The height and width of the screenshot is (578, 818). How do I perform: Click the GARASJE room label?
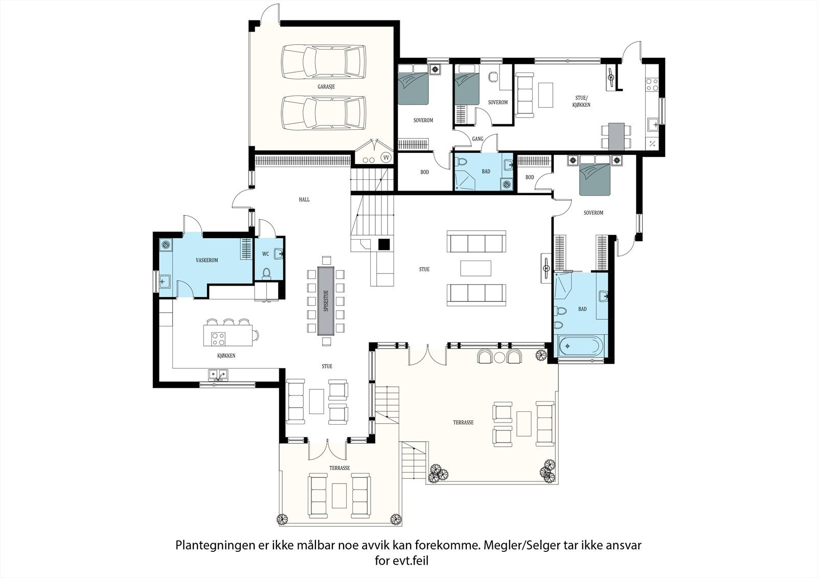326,87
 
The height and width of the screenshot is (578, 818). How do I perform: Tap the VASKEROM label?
207,260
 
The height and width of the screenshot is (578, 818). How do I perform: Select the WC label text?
265,254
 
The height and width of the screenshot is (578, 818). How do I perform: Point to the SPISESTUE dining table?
326,301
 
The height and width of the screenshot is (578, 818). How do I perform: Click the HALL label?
304,199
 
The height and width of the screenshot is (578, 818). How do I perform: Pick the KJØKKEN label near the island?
226,356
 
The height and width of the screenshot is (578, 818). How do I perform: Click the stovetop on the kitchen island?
218,338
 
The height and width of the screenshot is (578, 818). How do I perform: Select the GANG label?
478,138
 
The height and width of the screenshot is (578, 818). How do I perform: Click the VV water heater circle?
386,157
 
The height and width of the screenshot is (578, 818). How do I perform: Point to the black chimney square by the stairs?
384,244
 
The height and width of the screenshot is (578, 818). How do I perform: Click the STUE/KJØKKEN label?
581,101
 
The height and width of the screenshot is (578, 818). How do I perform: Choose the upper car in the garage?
324,61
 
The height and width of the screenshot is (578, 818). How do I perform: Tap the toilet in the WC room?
266,273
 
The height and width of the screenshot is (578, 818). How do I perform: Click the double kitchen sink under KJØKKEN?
218,374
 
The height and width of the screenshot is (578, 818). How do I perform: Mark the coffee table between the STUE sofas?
475,268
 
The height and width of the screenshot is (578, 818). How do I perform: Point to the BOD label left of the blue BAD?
424,172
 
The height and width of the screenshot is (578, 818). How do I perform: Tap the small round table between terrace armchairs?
499,358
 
